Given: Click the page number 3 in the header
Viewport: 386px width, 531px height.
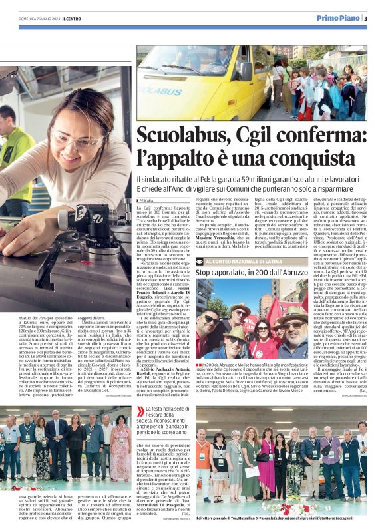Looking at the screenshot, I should pos(365,18).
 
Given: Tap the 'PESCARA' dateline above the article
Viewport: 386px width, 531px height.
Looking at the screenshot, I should pos(146,200).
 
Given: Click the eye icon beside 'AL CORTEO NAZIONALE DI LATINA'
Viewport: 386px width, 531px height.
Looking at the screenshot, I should pos(201,262).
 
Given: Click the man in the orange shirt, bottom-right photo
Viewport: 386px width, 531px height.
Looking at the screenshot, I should pos(204,459).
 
